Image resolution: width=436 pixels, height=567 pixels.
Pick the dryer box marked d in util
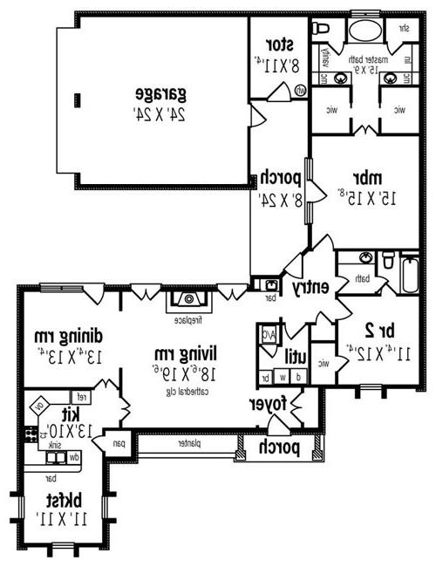[299, 377]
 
